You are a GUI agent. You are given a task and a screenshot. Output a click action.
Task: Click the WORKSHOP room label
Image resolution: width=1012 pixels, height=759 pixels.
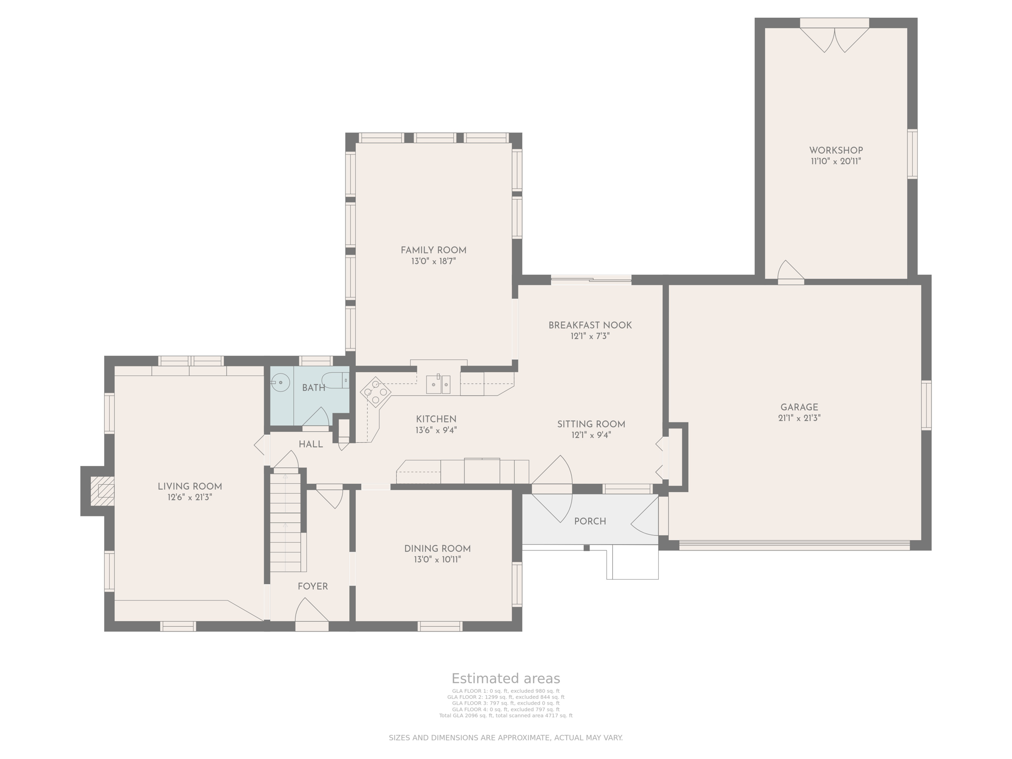coord(836,150)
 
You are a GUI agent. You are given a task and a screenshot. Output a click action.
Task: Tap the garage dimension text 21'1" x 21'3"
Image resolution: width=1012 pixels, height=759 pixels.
coord(799,418)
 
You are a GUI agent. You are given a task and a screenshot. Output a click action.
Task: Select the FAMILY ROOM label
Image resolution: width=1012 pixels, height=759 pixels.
coord(433,250)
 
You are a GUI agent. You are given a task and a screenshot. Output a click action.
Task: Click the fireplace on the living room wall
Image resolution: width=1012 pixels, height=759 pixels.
coord(102,491)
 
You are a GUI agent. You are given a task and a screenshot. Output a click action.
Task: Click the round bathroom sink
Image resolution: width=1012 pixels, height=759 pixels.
coord(281,382)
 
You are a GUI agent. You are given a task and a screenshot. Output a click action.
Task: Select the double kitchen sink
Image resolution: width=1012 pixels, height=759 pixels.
coord(438,384)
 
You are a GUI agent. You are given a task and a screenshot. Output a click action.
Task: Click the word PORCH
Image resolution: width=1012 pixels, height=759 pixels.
coord(590,521)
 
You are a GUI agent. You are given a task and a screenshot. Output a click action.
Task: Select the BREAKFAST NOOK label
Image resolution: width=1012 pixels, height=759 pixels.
coord(590,325)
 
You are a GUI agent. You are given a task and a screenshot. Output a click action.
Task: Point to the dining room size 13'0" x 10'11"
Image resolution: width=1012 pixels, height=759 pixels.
coord(437,559)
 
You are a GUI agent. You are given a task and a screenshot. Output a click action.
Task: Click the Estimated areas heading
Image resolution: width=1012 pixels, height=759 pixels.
coord(506,678)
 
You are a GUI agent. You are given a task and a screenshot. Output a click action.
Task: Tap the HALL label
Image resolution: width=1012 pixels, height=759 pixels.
coord(311,444)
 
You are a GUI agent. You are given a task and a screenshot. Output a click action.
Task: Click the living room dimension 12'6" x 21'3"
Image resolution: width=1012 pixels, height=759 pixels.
coord(190,497)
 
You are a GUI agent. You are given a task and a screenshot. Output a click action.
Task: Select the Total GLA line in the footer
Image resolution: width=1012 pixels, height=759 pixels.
coord(506,716)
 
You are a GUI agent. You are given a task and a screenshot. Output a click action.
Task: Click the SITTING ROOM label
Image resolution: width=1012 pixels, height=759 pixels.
coord(591,424)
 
